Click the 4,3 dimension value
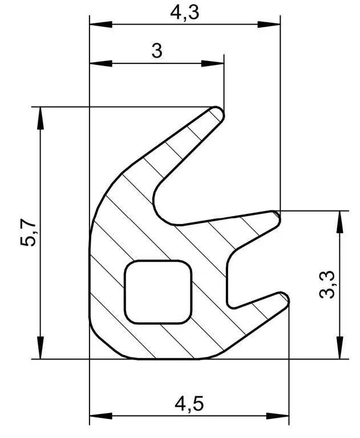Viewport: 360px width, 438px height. tap(185, 13)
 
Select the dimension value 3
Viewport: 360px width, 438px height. tap(157, 51)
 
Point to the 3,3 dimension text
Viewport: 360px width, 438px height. tap(326, 285)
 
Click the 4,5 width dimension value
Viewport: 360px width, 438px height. tap(189, 404)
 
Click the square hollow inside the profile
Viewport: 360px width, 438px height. tap(158, 292)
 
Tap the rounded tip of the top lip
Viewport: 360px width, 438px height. tap(220, 112)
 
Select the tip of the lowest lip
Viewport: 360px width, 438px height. tap(285, 298)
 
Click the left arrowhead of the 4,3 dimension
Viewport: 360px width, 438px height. tap(101, 25)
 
